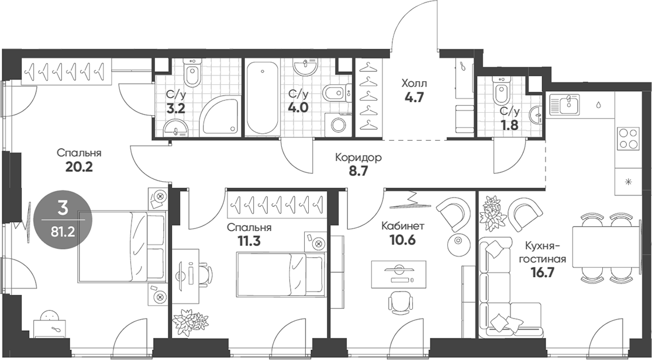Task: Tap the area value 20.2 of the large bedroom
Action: (x=78, y=167)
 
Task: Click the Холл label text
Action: (x=414, y=84)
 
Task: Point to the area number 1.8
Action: (x=509, y=124)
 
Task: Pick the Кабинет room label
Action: (x=403, y=226)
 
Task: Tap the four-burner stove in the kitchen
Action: (x=628, y=139)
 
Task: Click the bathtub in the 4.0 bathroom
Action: (x=262, y=98)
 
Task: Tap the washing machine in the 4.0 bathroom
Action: (x=338, y=124)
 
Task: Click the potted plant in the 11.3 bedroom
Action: (x=191, y=322)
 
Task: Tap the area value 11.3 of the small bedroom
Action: (x=250, y=241)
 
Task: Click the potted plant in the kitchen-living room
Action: (x=493, y=213)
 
